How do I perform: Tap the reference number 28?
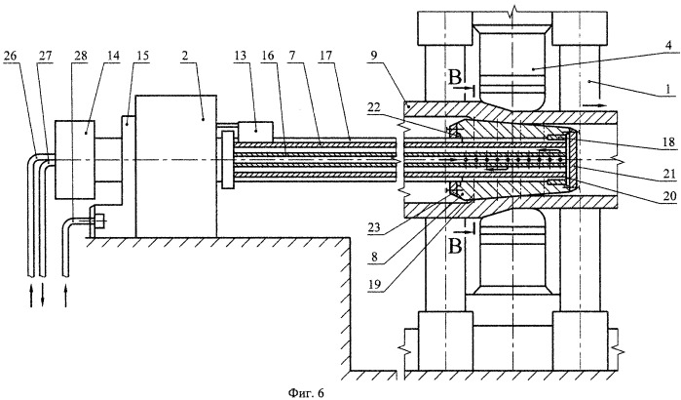tap(81, 56)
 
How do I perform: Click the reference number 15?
tap(143, 56)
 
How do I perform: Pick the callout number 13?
tap(241, 56)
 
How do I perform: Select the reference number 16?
tap(268, 56)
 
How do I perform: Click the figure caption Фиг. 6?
tap(306, 392)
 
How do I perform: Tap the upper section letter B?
tap(455, 78)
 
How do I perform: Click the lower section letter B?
tap(455, 247)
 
